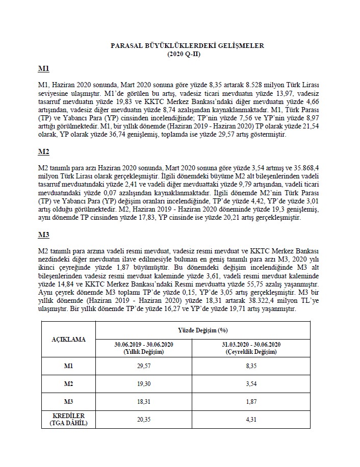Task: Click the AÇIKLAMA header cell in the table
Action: point(69,339)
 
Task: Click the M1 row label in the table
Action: point(69,367)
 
